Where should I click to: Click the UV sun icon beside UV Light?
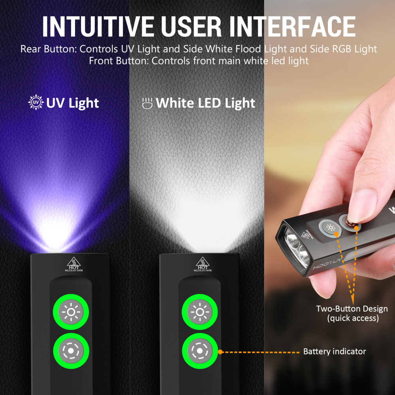[x=36, y=103]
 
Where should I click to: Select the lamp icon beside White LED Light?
[x=147, y=103]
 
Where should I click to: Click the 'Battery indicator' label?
[x=335, y=351]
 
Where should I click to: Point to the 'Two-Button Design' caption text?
[x=352, y=308]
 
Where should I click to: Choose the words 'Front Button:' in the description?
[x=119, y=61]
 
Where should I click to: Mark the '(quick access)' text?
[x=353, y=318]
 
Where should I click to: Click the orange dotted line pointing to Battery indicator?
[x=261, y=352]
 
